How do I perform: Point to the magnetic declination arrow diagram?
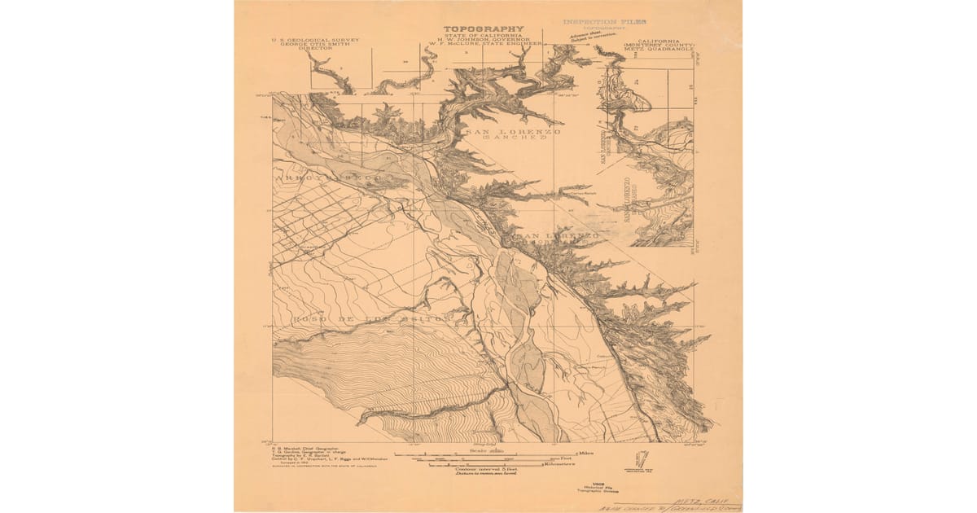pos(641,458)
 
